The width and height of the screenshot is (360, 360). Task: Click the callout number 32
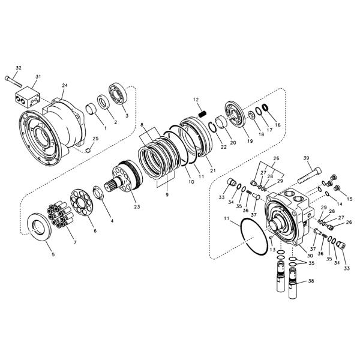click(x=19, y=67)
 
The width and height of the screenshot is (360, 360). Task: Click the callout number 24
click(x=65, y=85)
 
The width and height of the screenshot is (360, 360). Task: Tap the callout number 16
click(x=278, y=125)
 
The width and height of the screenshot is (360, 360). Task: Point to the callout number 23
click(x=137, y=207)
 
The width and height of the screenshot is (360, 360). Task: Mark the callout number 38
click(x=311, y=281)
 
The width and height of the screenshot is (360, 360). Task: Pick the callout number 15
click(x=350, y=199)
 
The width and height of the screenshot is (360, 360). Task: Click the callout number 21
click(x=213, y=170)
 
